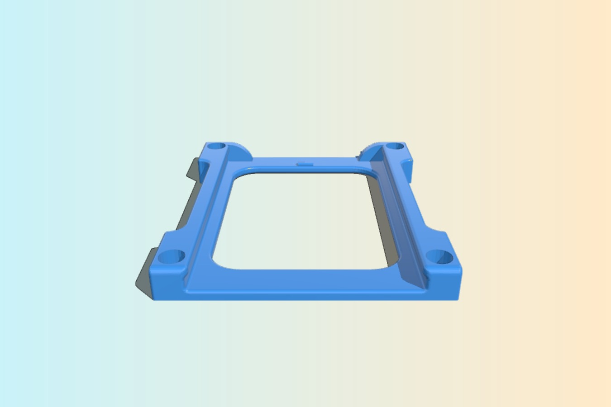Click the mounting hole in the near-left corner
(171, 258)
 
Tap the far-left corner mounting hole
(216, 147)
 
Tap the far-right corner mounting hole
(395, 147)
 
